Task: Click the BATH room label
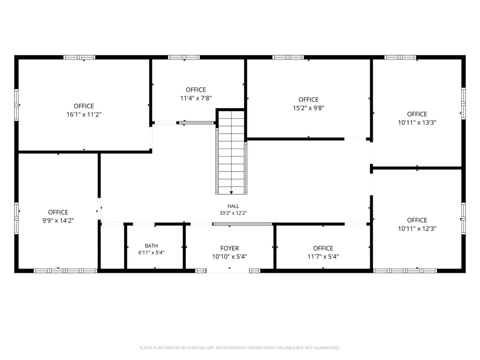(151, 246)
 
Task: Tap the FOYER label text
(229, 248)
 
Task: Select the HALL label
(233, 206)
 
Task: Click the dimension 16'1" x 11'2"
(84, 114)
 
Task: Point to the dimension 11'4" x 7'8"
(196, 98)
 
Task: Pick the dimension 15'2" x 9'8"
(308, 108)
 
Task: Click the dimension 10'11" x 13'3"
(417, 122)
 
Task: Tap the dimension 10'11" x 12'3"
(417, 229)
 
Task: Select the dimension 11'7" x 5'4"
(323, 256)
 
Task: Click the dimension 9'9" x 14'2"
(58, 221)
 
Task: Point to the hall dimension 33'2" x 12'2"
(233, 213)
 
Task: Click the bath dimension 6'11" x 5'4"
(151, 253)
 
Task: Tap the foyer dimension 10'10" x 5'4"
(229, 256)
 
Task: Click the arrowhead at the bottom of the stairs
(232, 193)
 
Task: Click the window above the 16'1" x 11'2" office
(79, 57)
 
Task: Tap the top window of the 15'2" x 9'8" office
(288, 57)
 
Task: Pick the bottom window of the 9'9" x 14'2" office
(66, 271)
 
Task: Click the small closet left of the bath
(112, 247)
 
